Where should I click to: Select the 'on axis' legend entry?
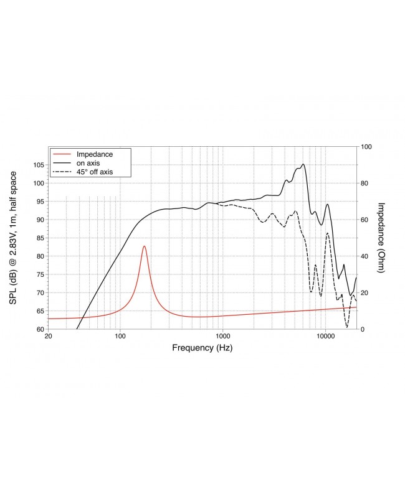(x=89, y=162)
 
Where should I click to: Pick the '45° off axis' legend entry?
(x=94, y=171)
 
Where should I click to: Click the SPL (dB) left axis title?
(x=13, y=238)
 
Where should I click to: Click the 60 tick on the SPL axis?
(x=40, y=329)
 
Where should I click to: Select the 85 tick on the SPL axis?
(x=40, y=238)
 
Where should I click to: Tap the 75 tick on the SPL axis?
(x=40, y=274)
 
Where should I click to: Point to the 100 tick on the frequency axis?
(x=120, y=337)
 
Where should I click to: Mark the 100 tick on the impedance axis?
(x=367, y=147)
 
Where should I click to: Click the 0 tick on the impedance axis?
(x=363, y=329)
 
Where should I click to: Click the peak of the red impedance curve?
(x=145, y=246)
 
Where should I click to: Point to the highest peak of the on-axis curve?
(x=303, y=164)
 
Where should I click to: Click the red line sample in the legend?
(x=62, y=154)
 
